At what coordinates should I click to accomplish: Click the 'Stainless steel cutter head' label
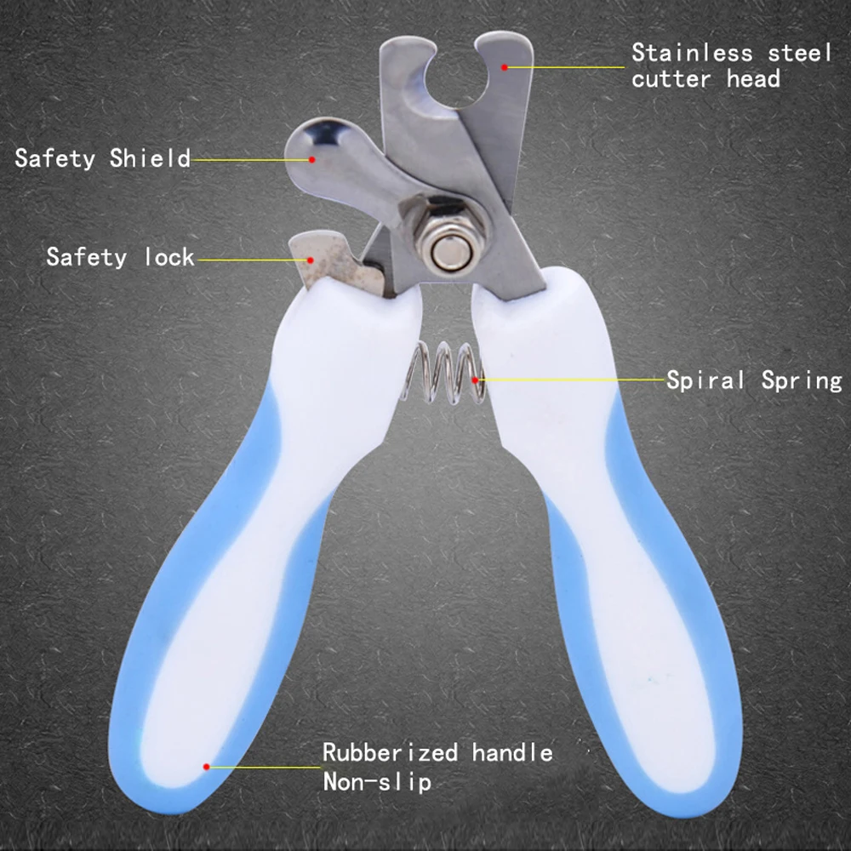(730, 66)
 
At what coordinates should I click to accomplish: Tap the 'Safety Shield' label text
(102, 158)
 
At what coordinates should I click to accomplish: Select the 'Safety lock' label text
(120, 257)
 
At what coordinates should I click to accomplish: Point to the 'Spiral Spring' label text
(753, 380)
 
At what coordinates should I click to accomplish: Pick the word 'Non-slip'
(376, 781)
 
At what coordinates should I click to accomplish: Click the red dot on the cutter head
(505, 66)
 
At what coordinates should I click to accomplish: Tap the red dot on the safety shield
(311, 159)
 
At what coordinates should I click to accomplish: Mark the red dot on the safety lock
(311, 259)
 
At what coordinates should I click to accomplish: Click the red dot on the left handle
(206, 766)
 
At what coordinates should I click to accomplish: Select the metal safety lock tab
(328, 260)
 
